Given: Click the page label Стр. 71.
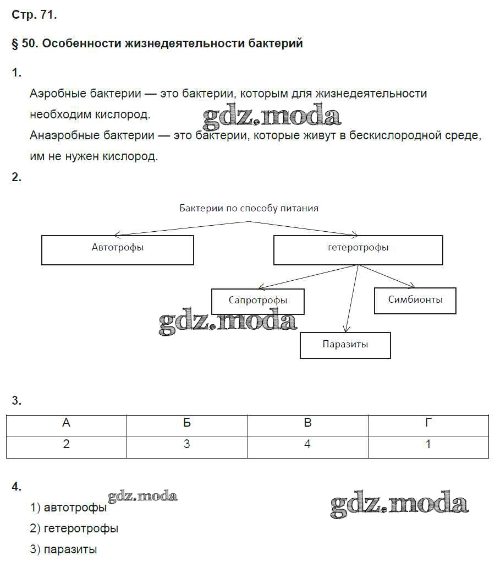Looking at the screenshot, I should (x=34, y=15).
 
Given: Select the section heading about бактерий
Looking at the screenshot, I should (x=157, y=43).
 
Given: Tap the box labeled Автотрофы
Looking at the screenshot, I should (x=118, y=250).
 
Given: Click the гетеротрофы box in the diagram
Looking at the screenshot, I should (x=358, y=250).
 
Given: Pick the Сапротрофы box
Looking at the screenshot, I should (x=257, y=301).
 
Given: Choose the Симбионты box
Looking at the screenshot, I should (x=415, y=301).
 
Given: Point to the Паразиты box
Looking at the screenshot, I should (x=345, y=345).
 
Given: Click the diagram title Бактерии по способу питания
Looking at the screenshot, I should (x=249, y=208).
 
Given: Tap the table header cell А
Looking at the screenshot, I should (x=67, y=423).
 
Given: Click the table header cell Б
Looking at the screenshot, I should (x=187, y=423).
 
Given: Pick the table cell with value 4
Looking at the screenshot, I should (x=307, y=444).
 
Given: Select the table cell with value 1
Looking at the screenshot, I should (x=428, y=444).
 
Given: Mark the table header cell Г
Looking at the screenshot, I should (x=428, y=423).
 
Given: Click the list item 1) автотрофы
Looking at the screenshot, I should (x=68, y=508).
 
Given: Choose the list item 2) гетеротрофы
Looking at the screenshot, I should (x=74, y=528).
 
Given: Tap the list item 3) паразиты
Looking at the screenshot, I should (x=63, y=549).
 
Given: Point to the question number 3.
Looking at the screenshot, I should (x=16, y=401).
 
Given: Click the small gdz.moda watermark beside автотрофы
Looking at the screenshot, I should (x=143, y=497).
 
